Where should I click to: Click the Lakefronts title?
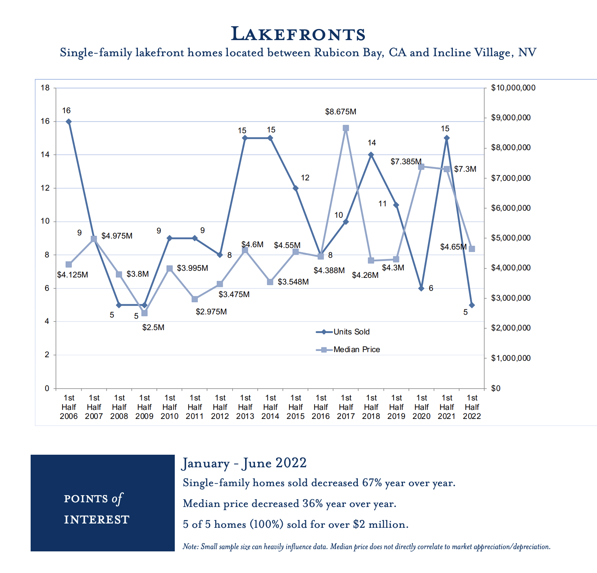298,34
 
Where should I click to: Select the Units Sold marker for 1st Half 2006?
69,121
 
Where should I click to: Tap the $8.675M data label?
341,112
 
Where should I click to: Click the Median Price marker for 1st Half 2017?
346,128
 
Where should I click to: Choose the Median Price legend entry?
348,350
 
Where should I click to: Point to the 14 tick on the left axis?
45,155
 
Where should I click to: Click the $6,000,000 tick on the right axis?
511,208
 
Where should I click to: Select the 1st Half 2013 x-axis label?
245,407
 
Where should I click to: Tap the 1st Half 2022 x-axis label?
472,407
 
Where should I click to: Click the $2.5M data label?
153,327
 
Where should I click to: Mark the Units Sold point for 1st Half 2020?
421,288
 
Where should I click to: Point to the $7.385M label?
406,162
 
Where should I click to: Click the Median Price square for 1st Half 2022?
472,249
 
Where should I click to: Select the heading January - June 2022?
244,463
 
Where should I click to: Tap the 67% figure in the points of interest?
372,483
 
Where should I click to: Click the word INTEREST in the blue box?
97,520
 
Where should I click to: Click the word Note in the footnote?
190,547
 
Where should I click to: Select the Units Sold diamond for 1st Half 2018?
371,155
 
